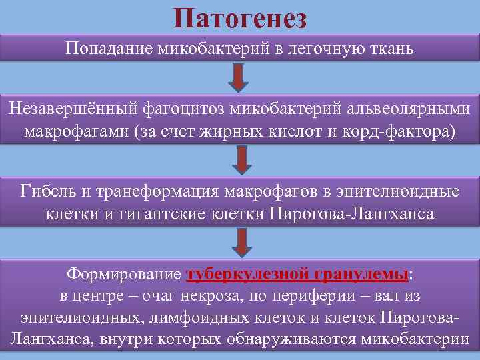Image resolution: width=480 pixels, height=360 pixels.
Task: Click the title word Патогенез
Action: (x=240, y=17)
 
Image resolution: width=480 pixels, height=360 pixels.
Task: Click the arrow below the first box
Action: (x=239, y=77)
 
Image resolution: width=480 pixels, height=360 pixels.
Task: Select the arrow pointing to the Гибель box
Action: (x=241, y=160)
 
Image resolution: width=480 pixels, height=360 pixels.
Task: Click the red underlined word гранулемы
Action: (x=365, y=275)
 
